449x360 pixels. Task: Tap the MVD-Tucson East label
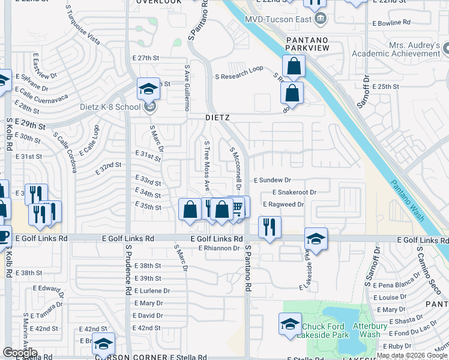coord(278,19)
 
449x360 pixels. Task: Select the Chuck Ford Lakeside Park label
coord(325,331)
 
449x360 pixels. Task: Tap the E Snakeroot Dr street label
coord(294,192)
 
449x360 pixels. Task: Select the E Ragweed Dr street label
coord(284,205)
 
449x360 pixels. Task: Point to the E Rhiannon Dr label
coord(219,248)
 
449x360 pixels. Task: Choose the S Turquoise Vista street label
coord(83,26)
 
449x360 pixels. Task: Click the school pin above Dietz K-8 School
coord(148,89)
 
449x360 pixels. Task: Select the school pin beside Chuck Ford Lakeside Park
coord(290,324)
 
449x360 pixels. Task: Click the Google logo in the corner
coord(20,353)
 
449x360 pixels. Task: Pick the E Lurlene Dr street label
coord(152,290)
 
